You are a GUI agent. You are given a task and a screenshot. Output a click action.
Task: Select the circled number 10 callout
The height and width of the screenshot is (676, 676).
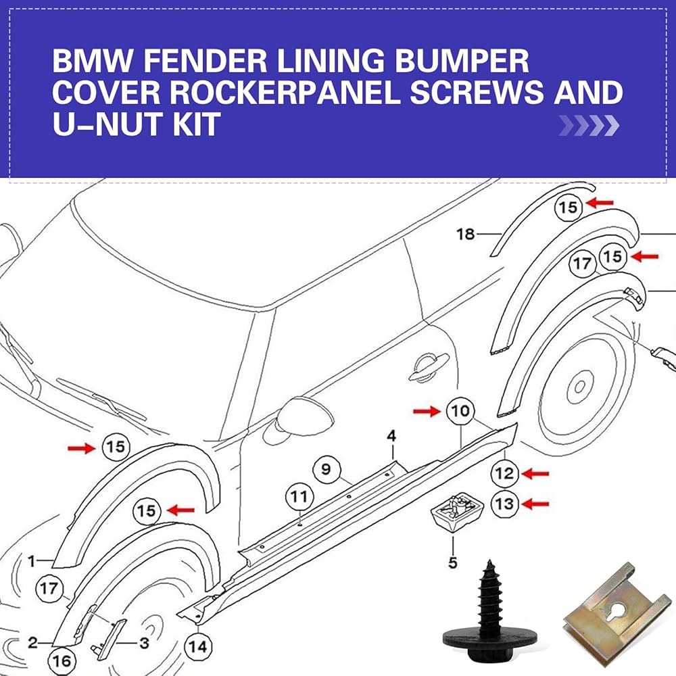(x=460, y=410)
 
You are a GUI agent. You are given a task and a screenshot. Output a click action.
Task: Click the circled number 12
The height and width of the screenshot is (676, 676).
(x=504, y=474)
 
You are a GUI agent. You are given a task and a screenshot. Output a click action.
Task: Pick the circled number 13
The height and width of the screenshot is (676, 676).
(x=504, y=504)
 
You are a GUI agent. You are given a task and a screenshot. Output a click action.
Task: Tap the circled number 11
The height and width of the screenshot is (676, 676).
(x=299, y=498)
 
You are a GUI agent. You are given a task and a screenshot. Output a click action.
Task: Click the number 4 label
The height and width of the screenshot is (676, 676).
(x=391, y=437)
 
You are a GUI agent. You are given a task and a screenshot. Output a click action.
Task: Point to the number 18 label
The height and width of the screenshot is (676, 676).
(x=466, y=235)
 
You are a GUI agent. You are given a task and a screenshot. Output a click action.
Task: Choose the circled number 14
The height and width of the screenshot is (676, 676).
(x=197, y=646)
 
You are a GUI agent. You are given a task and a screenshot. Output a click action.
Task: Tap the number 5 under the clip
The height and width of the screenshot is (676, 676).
(x=452, y=562)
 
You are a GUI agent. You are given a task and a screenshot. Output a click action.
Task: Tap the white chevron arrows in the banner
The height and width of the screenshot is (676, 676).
(x=588, y=124)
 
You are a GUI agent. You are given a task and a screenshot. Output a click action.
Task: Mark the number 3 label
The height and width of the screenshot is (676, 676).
(x=143, y=643)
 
